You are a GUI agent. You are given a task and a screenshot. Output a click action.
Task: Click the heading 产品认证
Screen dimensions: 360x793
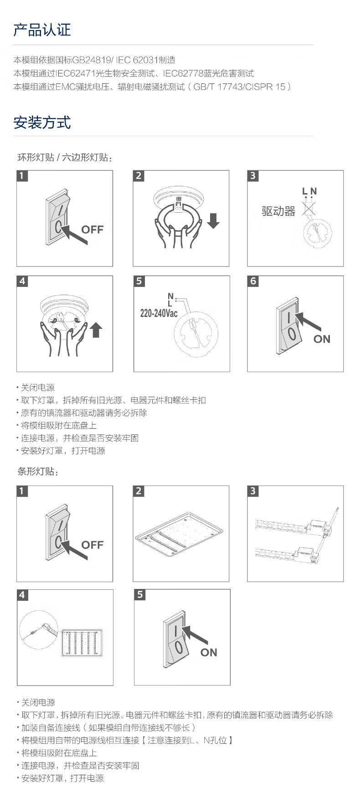42,30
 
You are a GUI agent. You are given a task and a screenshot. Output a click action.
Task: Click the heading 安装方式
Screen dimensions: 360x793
42,123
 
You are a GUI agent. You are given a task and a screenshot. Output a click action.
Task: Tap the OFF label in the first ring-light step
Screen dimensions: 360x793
93,229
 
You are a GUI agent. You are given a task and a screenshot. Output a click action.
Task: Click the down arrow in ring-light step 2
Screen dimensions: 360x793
213,220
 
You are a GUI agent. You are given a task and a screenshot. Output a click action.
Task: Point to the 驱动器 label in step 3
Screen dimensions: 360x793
278,211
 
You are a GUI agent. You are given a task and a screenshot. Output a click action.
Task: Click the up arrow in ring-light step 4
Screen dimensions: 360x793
96,329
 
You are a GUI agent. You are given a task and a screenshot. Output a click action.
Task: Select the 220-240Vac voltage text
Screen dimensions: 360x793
159,313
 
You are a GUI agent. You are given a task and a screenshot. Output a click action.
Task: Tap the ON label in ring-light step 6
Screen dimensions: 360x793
322,339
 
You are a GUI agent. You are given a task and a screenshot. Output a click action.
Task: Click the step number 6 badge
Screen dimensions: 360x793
253,281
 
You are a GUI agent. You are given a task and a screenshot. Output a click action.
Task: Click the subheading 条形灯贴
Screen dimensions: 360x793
38,471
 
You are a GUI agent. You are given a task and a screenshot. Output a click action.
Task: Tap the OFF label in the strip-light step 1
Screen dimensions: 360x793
93,545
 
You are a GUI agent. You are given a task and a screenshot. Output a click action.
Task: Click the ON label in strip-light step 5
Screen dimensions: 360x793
209,652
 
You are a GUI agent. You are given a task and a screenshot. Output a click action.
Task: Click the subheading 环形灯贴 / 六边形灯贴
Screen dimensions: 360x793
65,158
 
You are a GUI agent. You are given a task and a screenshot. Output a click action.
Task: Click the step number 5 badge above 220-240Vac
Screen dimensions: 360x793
139,281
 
